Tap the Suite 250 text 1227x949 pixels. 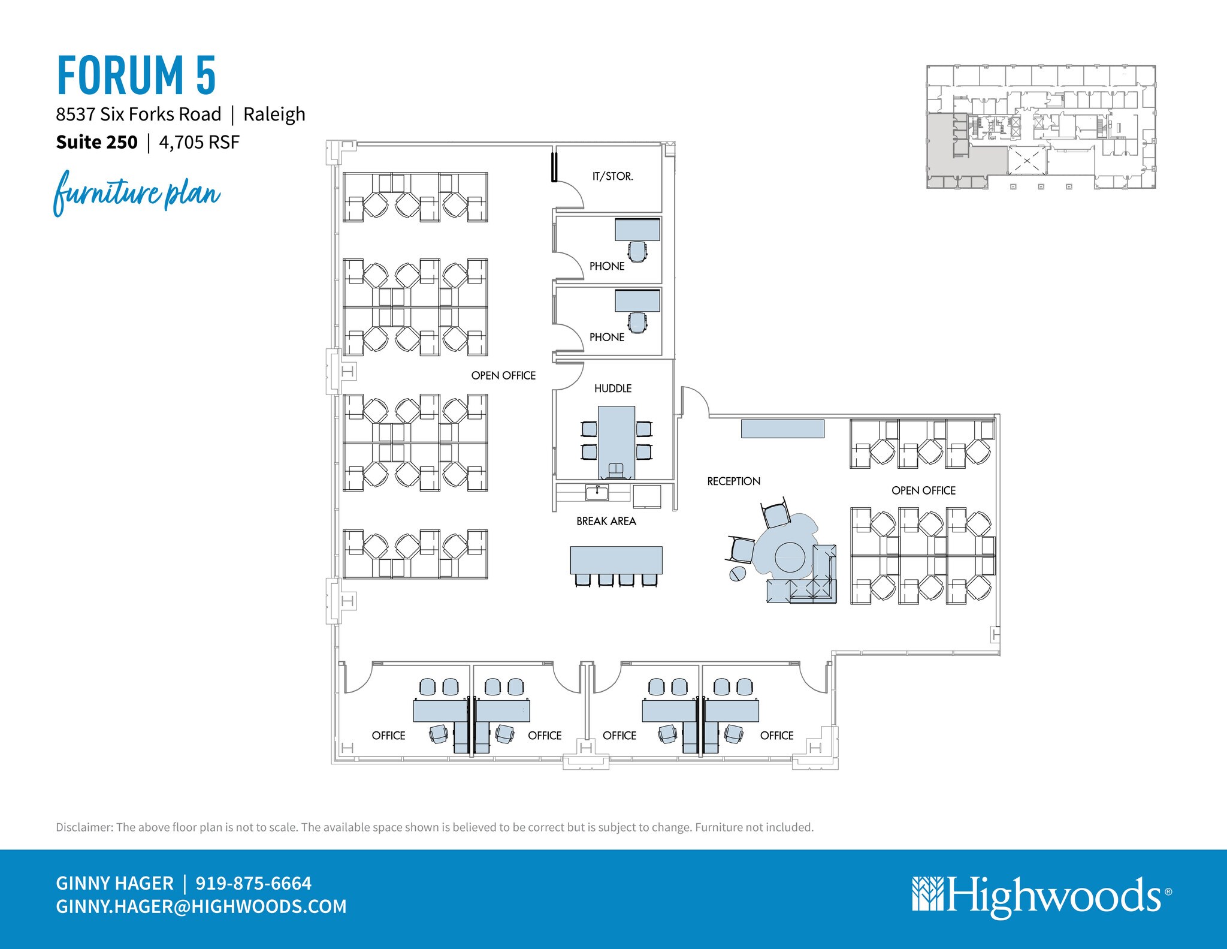[96, 142]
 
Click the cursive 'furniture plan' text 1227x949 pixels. [137, 193]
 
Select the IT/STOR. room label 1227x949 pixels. [612, 176]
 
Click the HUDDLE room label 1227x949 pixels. [612, 388]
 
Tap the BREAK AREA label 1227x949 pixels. [606, 521]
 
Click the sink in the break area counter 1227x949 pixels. [597, 493]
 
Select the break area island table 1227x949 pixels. [616, 560]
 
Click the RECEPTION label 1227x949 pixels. [733, 481]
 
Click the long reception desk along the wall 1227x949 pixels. [782, 429]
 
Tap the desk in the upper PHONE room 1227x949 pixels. [637, 230]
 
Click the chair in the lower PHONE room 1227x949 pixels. [637, 323]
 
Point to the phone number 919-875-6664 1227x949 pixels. [253, 883]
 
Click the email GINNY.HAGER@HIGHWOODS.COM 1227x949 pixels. [201, 906]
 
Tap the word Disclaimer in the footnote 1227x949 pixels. [84, 827]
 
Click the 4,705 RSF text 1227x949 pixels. [199, 142]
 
